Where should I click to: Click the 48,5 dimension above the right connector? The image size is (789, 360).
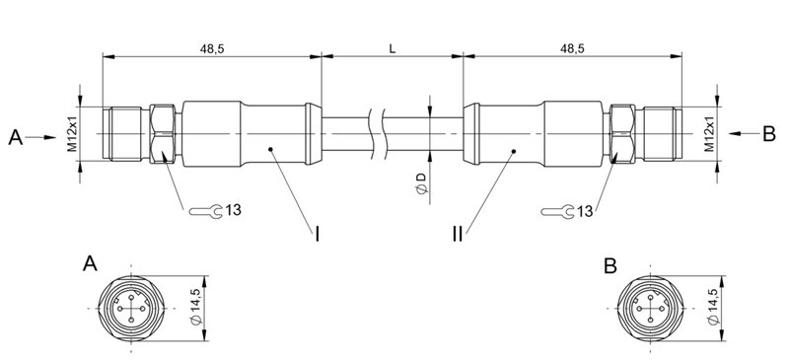click(572, 47)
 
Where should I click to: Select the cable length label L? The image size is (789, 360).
click(393, 47)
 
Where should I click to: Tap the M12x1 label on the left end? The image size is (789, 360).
click(73, 134)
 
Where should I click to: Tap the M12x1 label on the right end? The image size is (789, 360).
click(710, 134)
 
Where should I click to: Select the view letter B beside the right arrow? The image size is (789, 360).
click(769, 135)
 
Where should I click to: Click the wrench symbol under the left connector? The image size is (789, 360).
click(202, 210)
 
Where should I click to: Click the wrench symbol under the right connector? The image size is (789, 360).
click(559, 210)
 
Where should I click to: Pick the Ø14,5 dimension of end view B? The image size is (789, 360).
click(713, 306)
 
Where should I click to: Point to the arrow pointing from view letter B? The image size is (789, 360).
click(742, 134)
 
